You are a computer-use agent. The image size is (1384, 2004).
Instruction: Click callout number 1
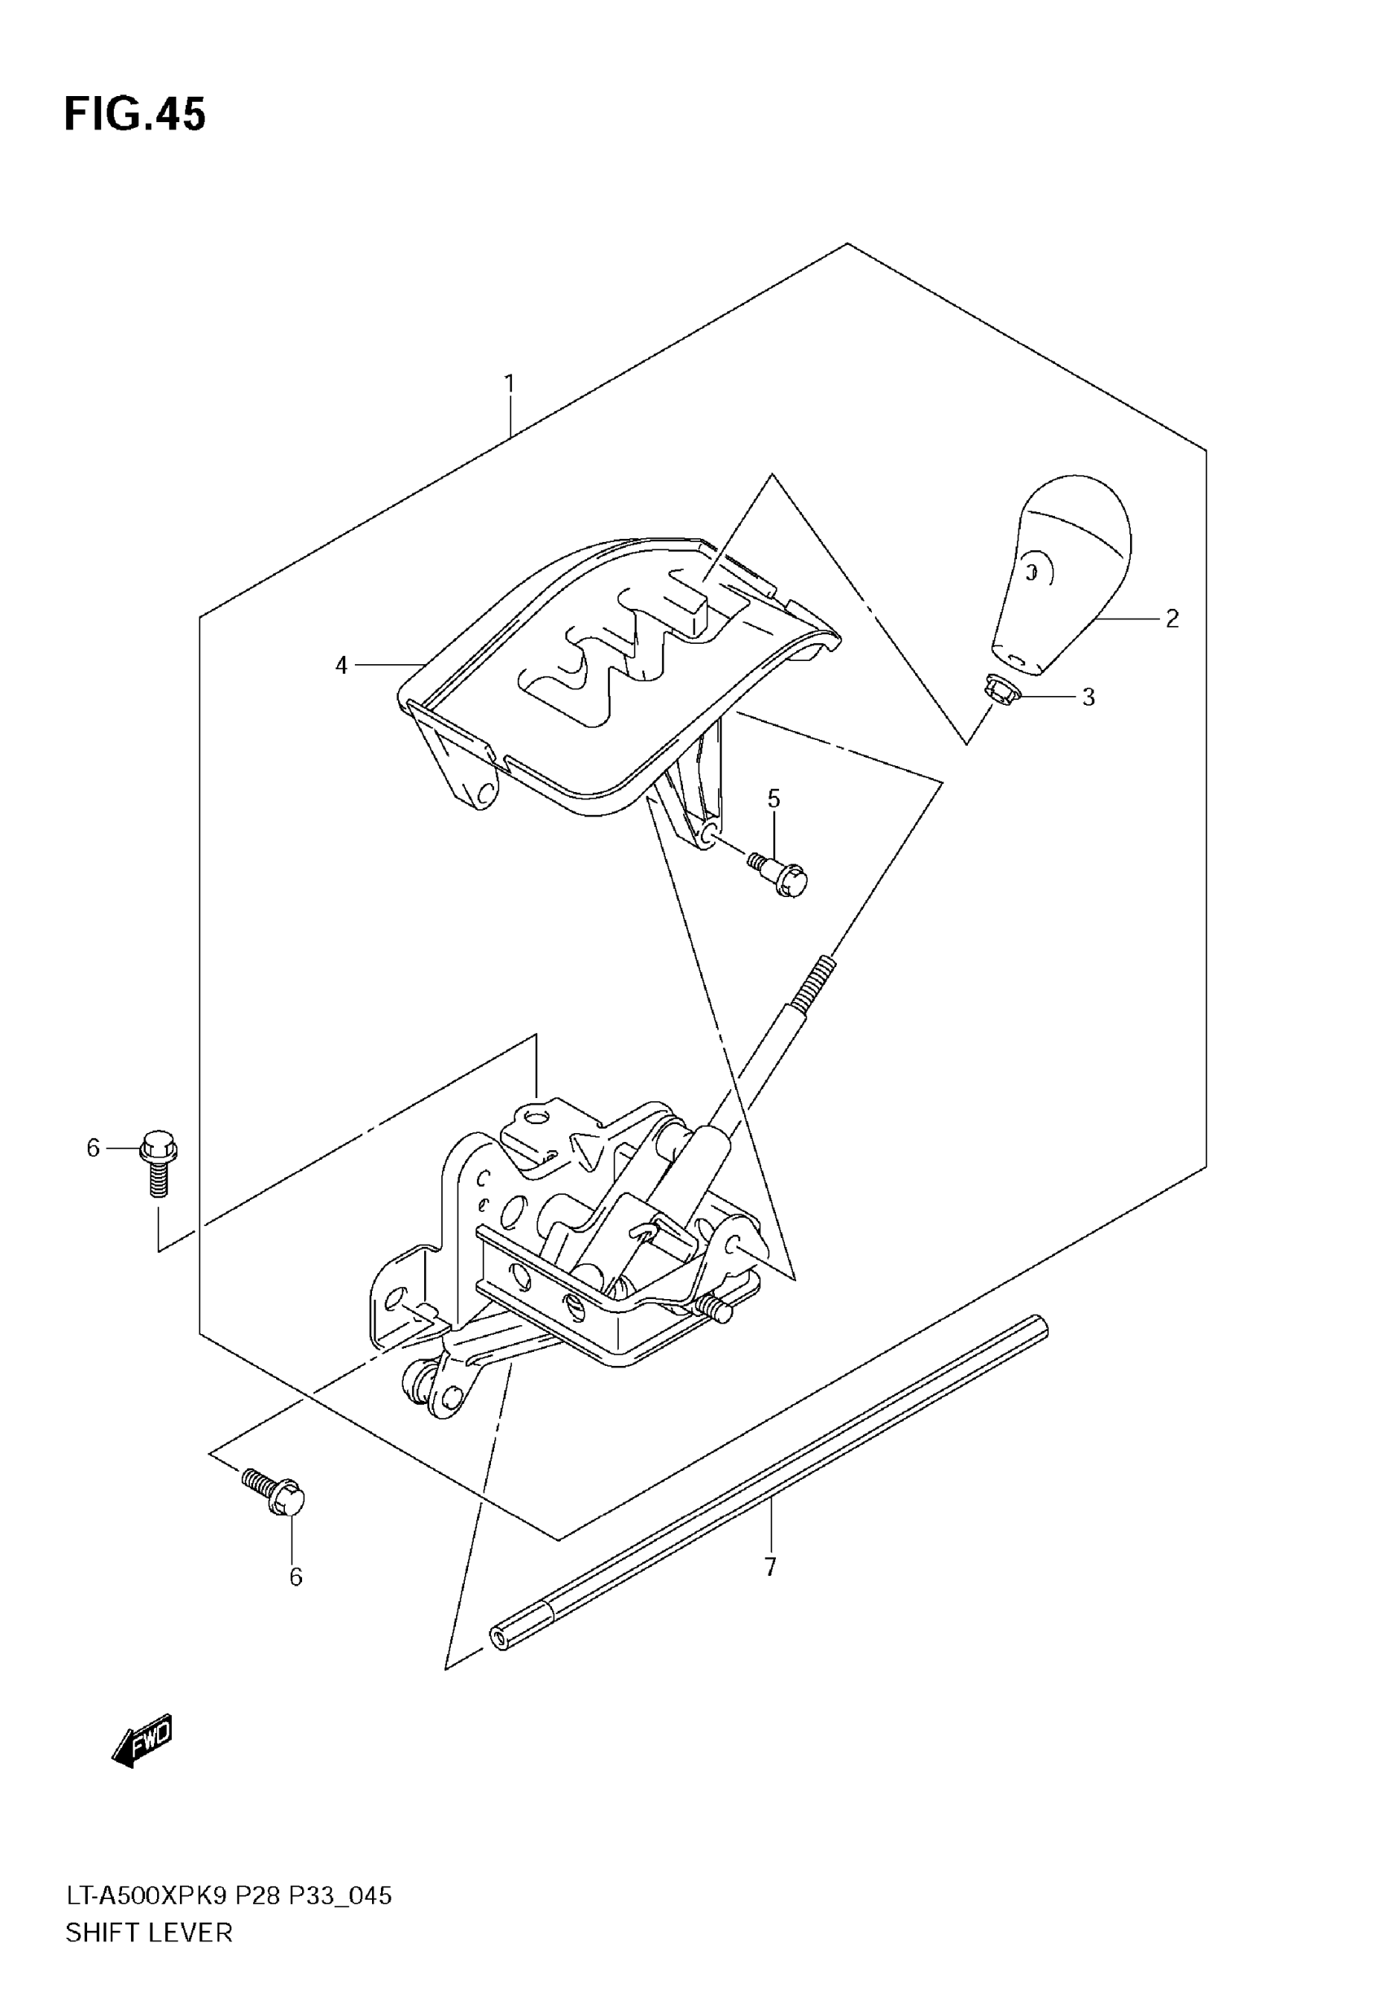pyautogui.click(x=510, y=383)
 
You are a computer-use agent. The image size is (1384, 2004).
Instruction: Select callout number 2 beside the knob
pyautogui.click(x=1172, y=619)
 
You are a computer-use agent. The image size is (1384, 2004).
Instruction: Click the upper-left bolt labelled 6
pyautogui.click(x=157, y=1162)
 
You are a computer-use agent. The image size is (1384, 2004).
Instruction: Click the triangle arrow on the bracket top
pyautogui.click(x=585, y=1150)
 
